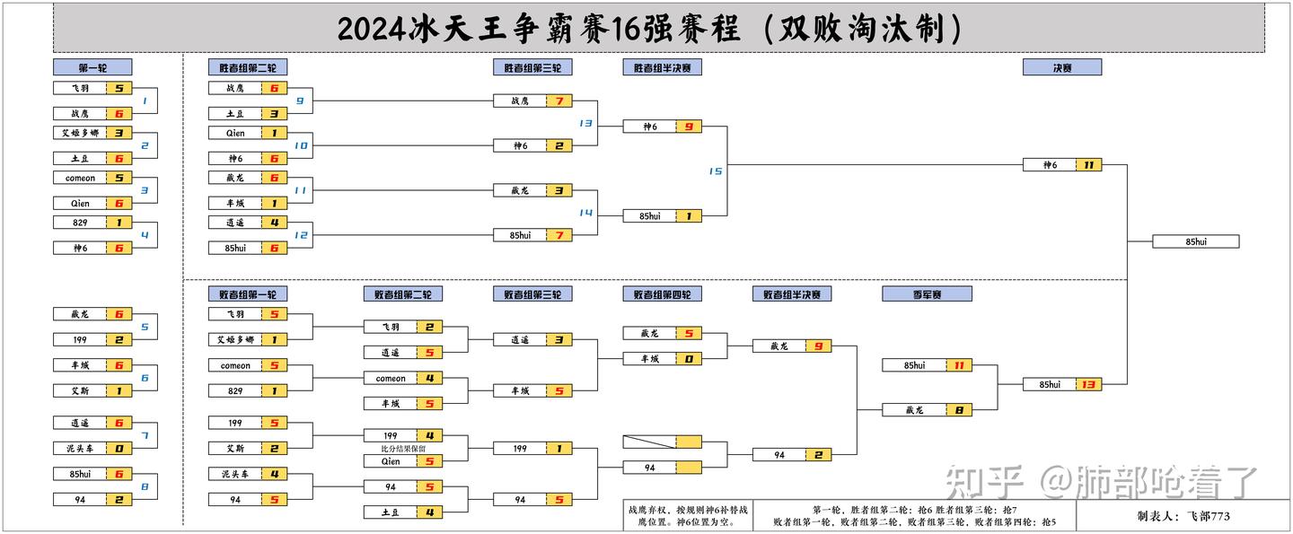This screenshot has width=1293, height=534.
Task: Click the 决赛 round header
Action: coord(1061,67)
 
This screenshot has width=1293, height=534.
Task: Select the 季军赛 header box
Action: coord(927,293)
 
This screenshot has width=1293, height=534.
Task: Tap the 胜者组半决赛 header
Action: coord(662,67)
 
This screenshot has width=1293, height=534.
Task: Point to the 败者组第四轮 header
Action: coord(662,293)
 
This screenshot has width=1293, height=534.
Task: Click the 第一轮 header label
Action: coord(92,67)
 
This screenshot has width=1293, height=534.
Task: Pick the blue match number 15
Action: coord(715,171)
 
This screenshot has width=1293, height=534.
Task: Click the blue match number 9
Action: coord(300,101)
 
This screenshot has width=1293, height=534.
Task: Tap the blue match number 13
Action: coord(585,123)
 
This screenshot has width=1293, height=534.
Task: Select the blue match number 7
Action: coord(145,435)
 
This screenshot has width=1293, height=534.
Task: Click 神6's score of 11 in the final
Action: coord(1089,165)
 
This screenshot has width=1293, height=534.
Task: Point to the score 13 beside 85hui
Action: coord(1089,385)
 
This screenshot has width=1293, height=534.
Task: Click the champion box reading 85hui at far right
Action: coord(1195,241)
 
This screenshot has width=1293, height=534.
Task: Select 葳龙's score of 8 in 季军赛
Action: coord(959,410)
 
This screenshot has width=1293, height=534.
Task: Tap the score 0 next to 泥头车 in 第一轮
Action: coord(119,448)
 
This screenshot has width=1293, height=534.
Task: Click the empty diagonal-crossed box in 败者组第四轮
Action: coord(649,442)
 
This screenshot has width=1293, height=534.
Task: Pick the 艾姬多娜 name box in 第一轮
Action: coord(80,133)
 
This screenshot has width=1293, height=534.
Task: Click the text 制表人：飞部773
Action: coord(1183,516)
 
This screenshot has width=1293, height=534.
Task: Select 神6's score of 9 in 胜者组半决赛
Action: coord(689,127)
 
